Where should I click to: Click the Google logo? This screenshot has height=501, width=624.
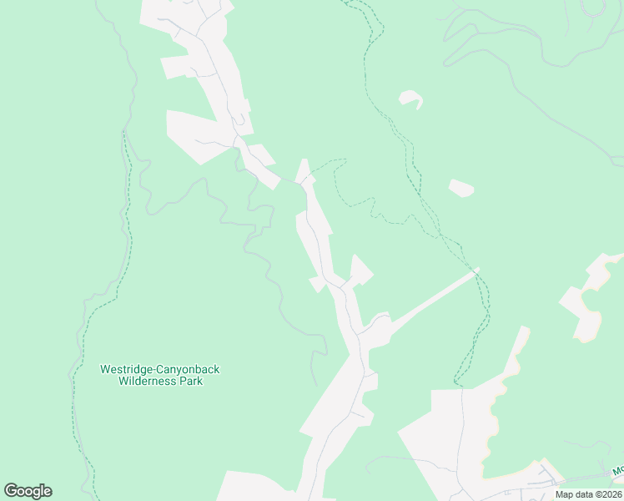click(28, 491)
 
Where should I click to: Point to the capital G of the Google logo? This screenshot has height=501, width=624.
click(11, 491)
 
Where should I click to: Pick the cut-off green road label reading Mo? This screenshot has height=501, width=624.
click(617, 471)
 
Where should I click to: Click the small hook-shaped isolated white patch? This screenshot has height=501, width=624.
click(410, 99)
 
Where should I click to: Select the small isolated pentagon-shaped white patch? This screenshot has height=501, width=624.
click(460, 188)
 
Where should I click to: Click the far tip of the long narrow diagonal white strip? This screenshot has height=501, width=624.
click(475, 271)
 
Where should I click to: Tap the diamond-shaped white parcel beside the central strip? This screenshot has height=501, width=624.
click(360, 270)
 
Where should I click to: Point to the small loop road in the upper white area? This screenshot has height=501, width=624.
click(239, 122)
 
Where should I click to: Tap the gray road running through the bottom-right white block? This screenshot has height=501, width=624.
click(461, 434)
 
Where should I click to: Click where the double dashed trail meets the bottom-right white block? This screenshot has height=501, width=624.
click(457, 386)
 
